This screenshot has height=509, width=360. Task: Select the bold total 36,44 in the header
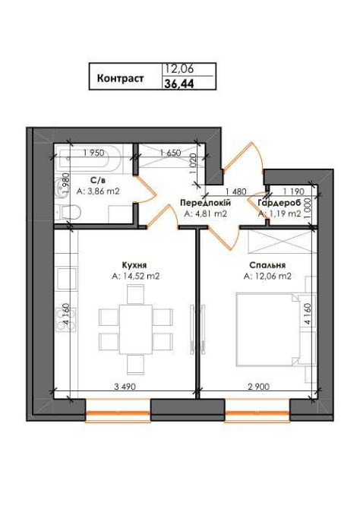[x=178, y=85]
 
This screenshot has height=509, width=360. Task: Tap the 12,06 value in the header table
[x=178, y=69]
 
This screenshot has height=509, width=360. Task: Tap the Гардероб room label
[x=279, y=203]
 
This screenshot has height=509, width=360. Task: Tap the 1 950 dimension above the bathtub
[x=94, y=153]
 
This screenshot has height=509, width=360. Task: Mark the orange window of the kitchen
[x=117, y=415]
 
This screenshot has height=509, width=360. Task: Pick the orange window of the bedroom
[x=257, y=415]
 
